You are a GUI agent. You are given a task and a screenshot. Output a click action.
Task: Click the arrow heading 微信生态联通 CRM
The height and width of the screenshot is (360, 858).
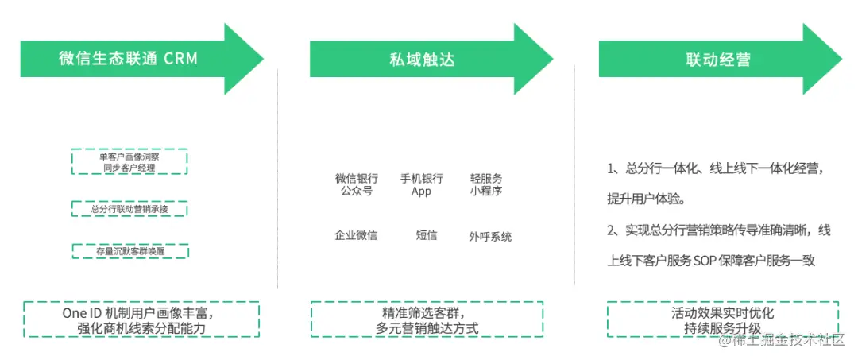127,59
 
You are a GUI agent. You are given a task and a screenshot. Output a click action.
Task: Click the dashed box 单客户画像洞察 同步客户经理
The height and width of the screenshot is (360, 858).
129,162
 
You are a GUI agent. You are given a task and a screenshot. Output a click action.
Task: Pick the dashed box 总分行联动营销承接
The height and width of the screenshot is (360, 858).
129,209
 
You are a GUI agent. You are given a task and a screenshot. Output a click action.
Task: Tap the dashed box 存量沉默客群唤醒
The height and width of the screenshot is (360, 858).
129,251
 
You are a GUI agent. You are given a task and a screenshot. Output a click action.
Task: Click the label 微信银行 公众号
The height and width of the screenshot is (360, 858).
356,184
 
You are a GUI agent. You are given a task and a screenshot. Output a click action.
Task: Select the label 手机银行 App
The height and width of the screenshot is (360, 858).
421,184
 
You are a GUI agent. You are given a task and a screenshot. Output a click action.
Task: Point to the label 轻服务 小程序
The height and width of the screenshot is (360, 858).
486,184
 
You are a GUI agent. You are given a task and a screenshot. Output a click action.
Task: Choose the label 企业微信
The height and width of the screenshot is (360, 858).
356,235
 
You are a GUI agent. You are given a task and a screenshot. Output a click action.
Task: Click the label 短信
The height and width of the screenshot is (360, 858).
427,235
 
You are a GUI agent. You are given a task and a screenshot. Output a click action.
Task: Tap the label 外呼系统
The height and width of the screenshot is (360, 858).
490,236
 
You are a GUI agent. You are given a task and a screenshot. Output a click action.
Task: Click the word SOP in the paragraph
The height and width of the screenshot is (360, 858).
706,260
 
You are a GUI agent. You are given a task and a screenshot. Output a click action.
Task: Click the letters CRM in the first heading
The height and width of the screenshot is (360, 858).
181,59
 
